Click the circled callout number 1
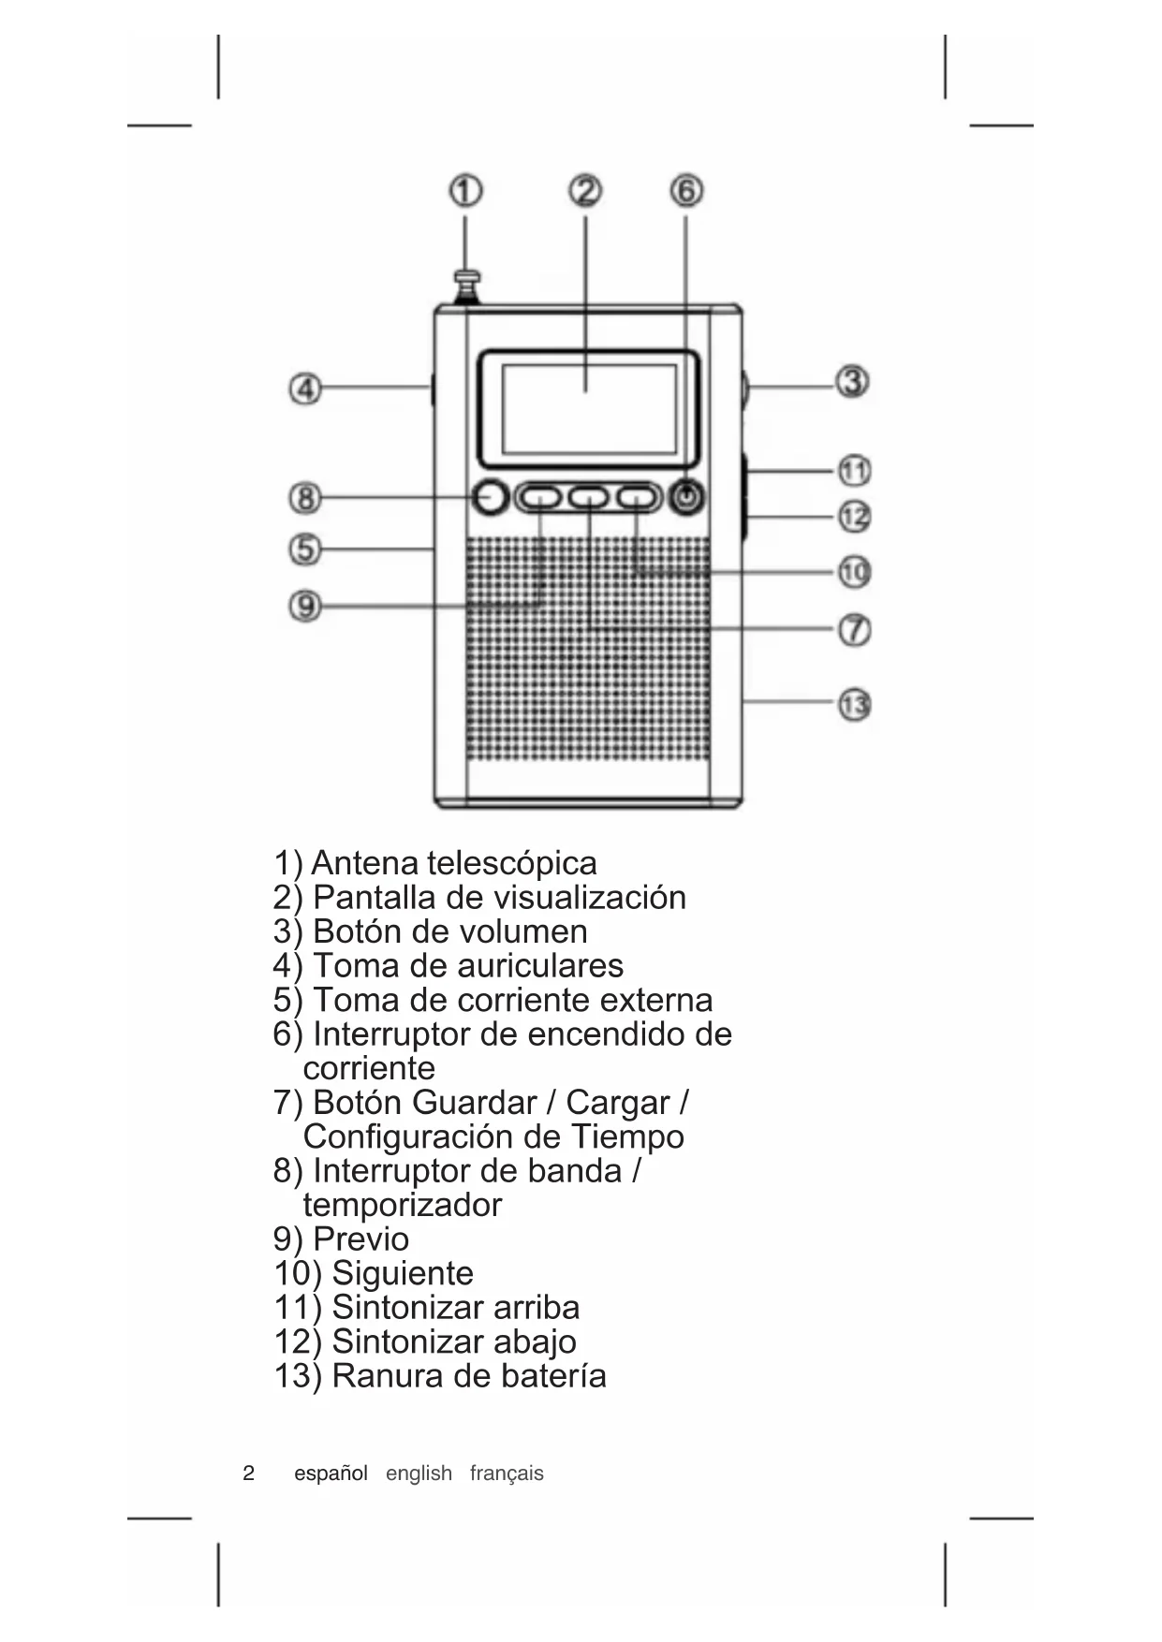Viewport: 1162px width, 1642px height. click(465, 192)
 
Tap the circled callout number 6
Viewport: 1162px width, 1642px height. click(686, 191)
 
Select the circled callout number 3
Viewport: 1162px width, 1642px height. click(852, 382)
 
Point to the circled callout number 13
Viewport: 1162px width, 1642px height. click(853, 705)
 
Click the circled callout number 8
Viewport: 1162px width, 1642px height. click(305, 497)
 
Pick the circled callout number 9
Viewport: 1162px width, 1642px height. click(305, 607)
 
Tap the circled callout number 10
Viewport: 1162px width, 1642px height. click(853, 572)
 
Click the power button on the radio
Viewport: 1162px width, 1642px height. click(688, 497)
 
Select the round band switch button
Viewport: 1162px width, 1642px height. click(490, 497)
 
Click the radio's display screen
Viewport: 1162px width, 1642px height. click(588, 407)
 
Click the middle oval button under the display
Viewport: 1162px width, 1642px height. click(589, 497)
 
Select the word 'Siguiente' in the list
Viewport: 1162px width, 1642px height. click(403, 1273)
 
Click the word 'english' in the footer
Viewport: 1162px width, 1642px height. click(419, 1473)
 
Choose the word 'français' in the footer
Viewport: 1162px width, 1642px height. click(507, 1473)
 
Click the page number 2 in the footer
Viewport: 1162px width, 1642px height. click(248, 1473)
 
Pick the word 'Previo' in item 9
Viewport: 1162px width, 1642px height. click(360, 1239)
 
